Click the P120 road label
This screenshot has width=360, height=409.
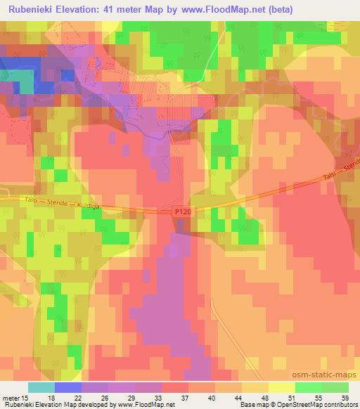(x=182, y=211)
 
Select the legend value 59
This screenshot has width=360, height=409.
(x=344, y=397)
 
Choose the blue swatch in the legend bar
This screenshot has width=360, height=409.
(x=67, y=387)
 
